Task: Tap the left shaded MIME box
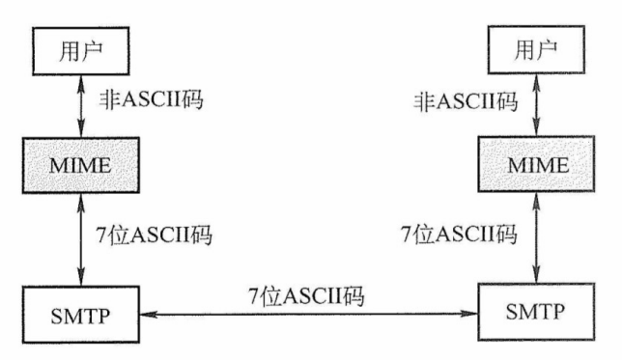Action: pyautogui.click(x=81, y=164)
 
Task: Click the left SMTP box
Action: pyautogui.click(x=81, y=315)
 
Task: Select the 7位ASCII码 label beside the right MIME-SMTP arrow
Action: pyautogui.click(x=460, y=235)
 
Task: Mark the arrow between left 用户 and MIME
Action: pyautogui.click(x=81, y=105)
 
